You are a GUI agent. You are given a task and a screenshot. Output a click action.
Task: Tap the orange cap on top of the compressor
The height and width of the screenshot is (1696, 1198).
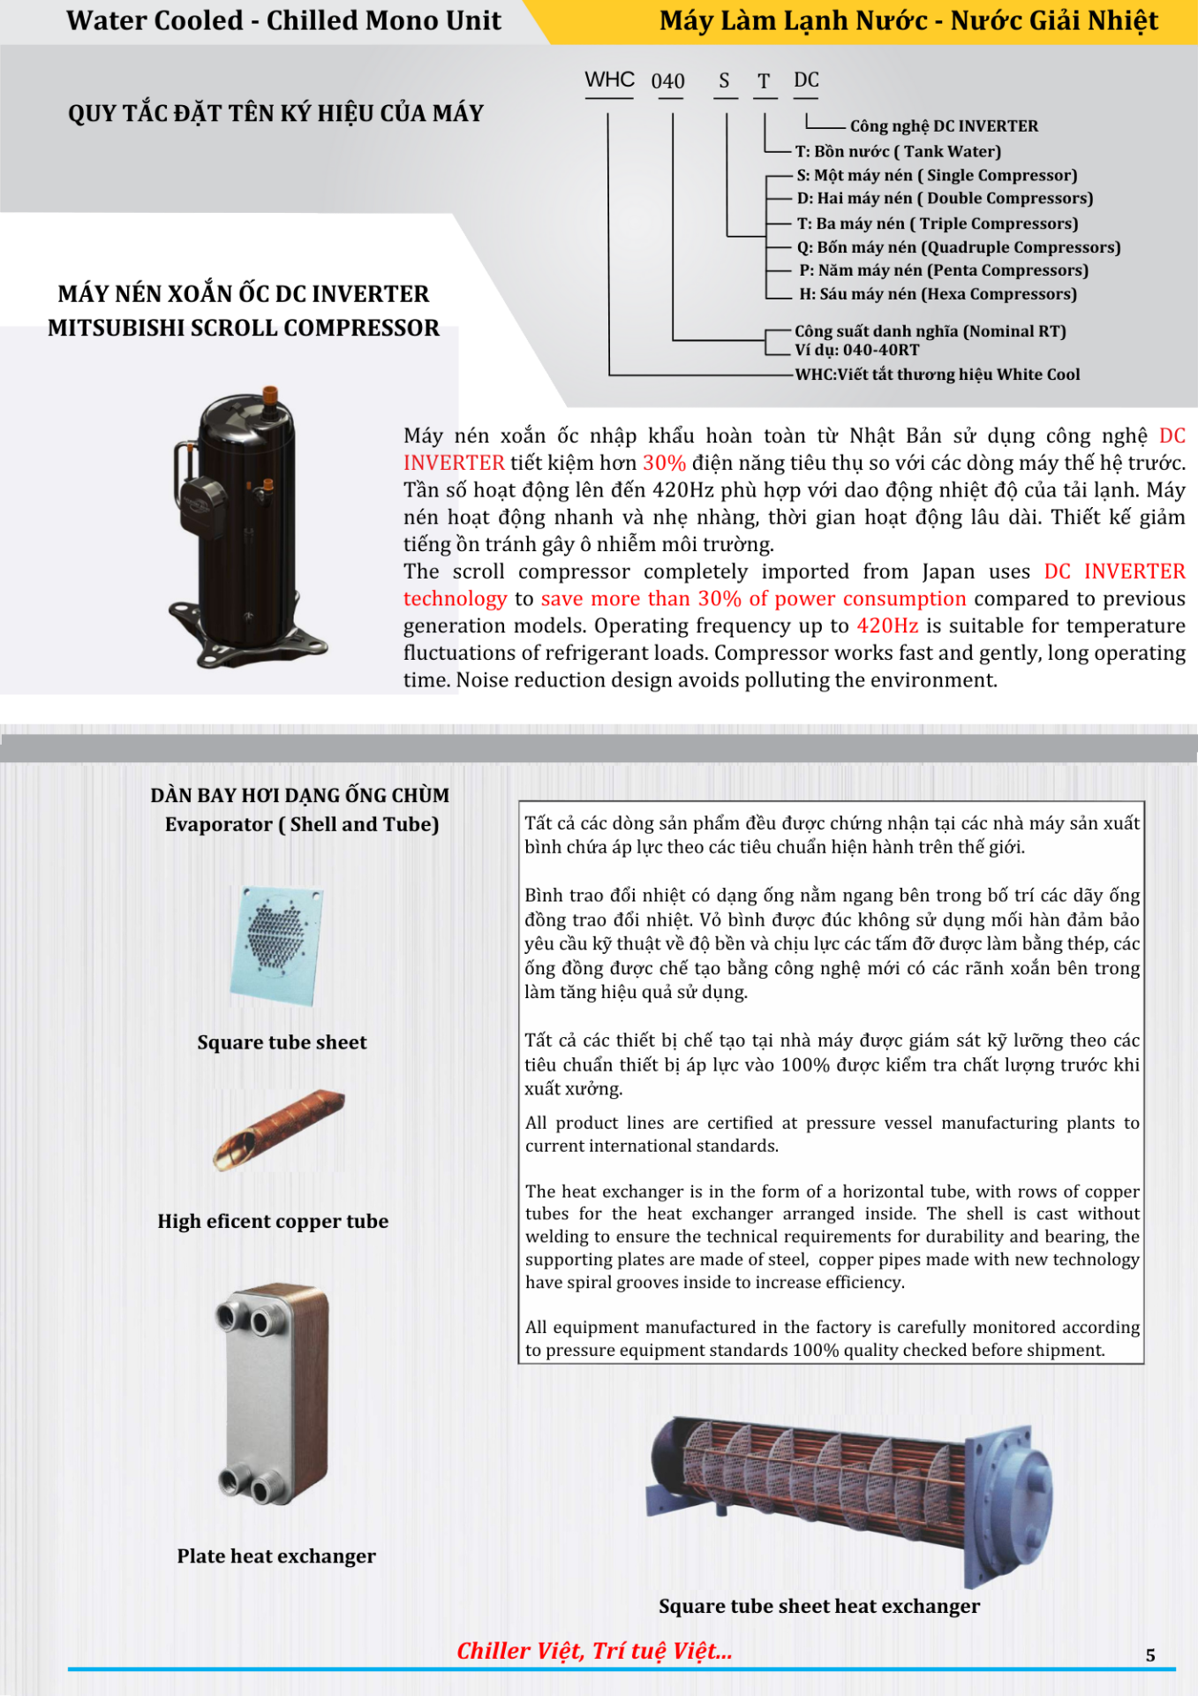pyautogui.click(x=271, y=395)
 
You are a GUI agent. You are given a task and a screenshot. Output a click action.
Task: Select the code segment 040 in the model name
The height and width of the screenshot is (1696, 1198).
pyautogui.click(x=668, y=81)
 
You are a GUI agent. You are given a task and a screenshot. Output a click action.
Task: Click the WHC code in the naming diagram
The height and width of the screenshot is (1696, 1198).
pyautogui.click(x=609, y=79)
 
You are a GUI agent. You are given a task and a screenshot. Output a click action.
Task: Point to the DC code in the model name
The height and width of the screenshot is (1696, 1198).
pyautogui.click(x=806, y=80)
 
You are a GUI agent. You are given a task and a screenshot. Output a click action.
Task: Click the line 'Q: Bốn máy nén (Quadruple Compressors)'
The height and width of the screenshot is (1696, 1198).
pyautogui.click(x=959, y=247)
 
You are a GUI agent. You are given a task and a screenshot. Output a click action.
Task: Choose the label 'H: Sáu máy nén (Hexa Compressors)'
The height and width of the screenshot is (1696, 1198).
pyautogui.click(x=938, y=294)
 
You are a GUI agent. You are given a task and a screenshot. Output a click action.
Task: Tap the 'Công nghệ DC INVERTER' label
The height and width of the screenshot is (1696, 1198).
pyautogui.click(x=944, y=126)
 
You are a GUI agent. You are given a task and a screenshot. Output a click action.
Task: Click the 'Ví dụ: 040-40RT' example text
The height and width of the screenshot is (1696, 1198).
pyautogui.click(x=856, y=350)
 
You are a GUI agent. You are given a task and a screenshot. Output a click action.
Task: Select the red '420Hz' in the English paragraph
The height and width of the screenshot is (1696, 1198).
pyautogui.click(x=887, y=626)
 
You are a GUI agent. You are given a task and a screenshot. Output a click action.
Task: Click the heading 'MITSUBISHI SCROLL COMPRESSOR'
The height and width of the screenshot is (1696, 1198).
pyautogui.click(x=244, y=328)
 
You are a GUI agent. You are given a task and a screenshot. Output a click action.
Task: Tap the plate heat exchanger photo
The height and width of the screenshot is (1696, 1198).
pyautogui.click(x=273, y=1394)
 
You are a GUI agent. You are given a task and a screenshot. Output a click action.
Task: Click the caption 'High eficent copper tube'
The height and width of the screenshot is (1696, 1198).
pyautogui.click(x=273, y=1221)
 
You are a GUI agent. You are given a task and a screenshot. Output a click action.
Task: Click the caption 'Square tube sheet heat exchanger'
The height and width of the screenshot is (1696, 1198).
pyautogui.click(x=819, y=1606)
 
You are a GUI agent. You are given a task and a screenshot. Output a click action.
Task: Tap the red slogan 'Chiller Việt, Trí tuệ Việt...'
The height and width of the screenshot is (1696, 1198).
pyautogui.click(x=594, y=1651)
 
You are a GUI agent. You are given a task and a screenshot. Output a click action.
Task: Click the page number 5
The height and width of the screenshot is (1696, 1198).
pyautogui.click(x=1150, y=1654)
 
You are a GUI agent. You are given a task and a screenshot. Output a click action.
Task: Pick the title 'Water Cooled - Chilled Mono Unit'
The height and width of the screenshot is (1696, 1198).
pyautogui.click(x=283, y=20)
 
